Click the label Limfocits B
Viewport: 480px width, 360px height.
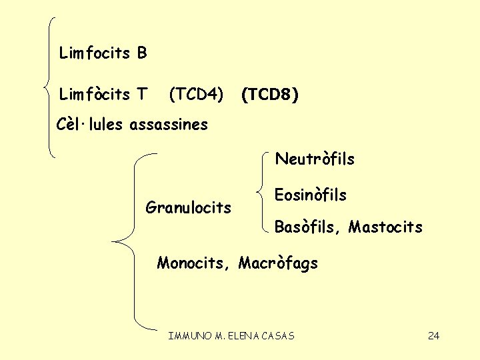(x=103, y=53)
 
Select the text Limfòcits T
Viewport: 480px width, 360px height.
(x=103, y=95)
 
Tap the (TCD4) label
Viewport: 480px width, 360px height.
(x=195, y=95)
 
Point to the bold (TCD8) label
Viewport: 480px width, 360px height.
(x=269, y=95)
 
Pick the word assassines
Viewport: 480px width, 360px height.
(x=169, y=124)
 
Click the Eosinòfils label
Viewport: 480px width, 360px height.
(x=310, y=195)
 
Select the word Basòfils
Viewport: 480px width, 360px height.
(x=307, y=227)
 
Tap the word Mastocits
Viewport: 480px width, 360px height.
(x=385, y=227)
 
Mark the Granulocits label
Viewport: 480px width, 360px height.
(x=188, y=207)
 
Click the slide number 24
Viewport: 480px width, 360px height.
(x=433, y=335)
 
